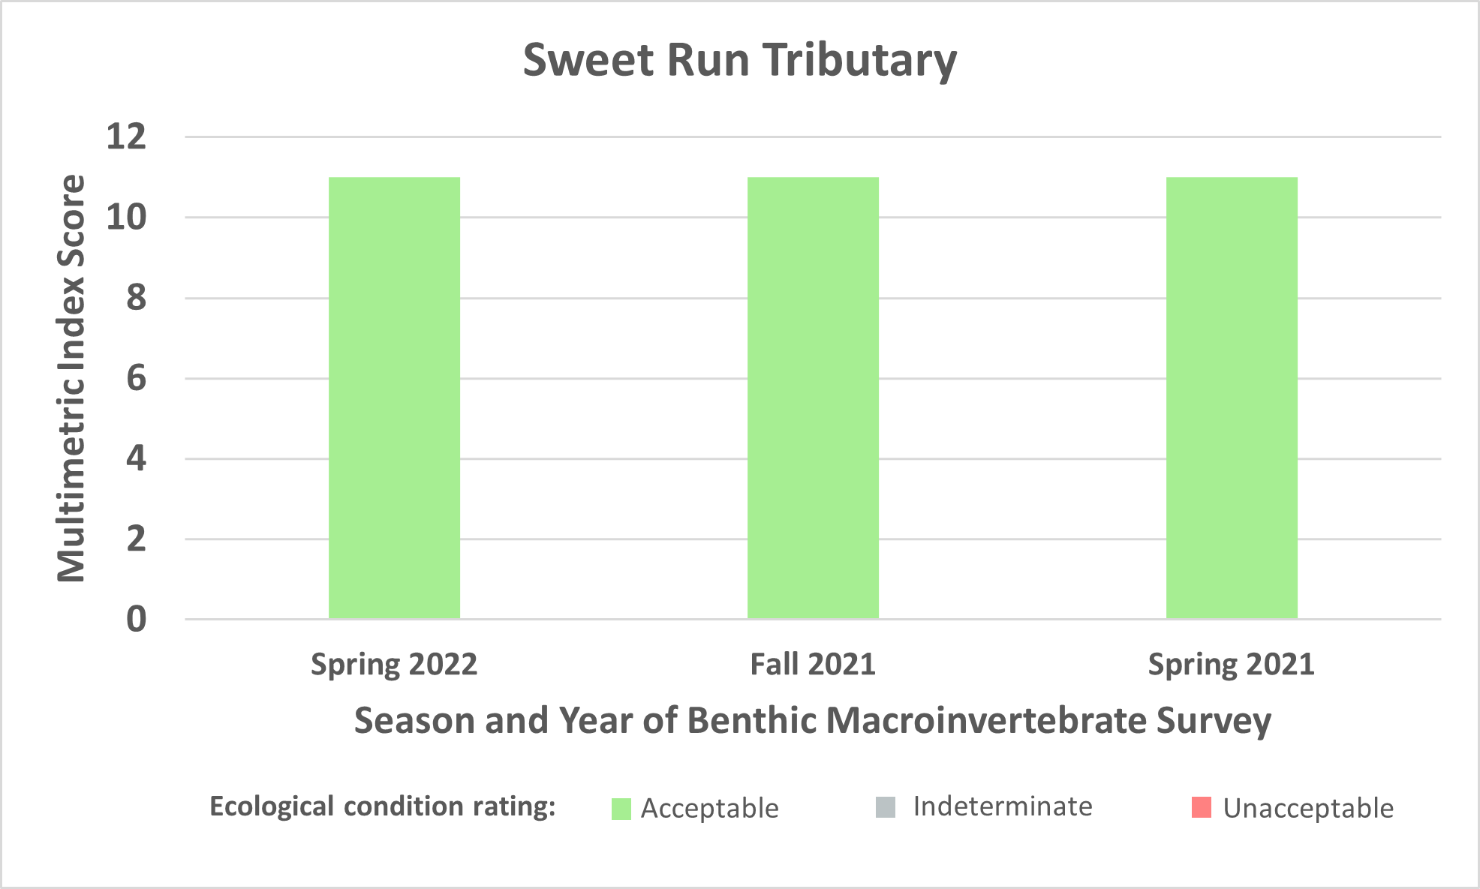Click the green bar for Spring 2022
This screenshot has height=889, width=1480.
click(x=394, y=398)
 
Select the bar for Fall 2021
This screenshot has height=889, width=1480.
click(x=813, y=398)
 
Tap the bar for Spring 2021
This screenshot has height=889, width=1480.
click(x=1232, y=398)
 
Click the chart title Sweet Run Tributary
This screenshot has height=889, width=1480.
click(x=740, y=60)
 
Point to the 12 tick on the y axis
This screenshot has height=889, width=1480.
click(x=126, y=137)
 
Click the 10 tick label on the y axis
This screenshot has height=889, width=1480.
click(x=126, y=218)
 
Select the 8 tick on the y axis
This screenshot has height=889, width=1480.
click(x=137, y=298)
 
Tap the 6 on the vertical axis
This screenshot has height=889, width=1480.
click(x=137, y=378)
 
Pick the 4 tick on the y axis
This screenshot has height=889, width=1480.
click(x=137, y=458)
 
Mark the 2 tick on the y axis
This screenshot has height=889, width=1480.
click(x=137, y=539)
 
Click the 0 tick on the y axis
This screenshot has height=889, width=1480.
click(x=137, y=620)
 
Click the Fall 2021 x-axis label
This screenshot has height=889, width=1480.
click(x=813, y=665)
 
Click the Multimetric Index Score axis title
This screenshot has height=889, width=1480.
click(x=72, y=378)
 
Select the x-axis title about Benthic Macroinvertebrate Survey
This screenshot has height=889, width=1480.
click(x=813, y=721)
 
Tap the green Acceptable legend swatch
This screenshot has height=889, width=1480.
click(x=621, y=809)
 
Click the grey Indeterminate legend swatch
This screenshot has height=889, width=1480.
click(x=886, y=807)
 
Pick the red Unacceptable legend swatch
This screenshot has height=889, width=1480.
click(x=1202, y=807)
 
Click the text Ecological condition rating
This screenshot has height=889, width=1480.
click(x=383, y=807)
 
